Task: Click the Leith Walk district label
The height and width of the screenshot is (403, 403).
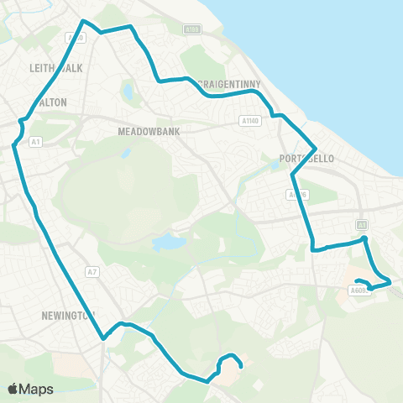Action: [x=55, y=68]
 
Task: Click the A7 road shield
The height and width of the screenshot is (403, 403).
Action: [x=92, y=271]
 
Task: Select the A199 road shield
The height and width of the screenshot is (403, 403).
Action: [x=192, y=29]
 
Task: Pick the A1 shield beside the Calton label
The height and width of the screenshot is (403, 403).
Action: [x=35, y=142]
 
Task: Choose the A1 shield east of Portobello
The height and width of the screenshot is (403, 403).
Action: [x=362, y=224]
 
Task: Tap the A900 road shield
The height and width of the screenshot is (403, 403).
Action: [x=76, y=38]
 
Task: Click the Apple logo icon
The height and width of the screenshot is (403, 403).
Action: [x=13, y=389]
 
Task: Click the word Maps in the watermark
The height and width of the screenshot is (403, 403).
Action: [x=37, y=389]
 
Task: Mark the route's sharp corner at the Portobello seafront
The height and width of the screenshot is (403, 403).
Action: [x=314, y=144]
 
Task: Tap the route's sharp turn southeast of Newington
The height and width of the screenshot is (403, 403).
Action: [x=103, y=338]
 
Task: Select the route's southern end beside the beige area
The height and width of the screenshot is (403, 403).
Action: [x=242, y=366]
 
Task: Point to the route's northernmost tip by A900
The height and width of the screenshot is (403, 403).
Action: [x=82, y=20]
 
